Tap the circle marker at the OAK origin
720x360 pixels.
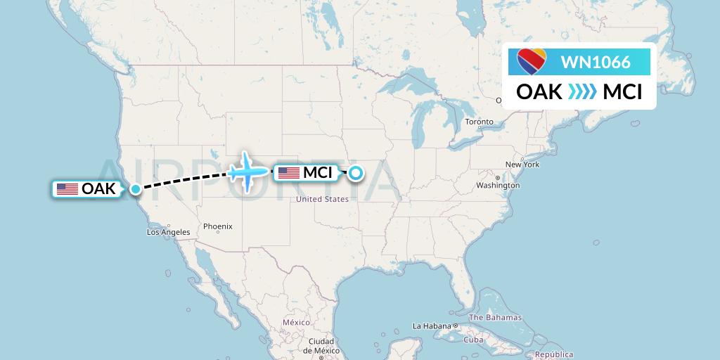click(x=136, y=188)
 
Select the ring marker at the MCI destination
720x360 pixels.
click(x=356, y=172)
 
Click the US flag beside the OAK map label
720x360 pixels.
click(x=67, y=188)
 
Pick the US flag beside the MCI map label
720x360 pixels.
click(x=289, y=172)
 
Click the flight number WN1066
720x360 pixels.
click(x=595, y=63)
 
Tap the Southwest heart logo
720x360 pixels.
click(x=532, y=62)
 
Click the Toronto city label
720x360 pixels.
click(x=479, y=122)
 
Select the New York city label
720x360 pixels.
click(x=522, y=165)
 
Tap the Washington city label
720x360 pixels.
click(x=498, y=186)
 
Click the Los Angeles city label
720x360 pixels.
click(x=168, y=232)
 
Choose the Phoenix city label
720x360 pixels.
click(x=218, y=226)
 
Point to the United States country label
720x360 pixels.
click(x=323, y=199)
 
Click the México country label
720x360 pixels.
click(x=296, y=321)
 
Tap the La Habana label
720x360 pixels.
click(x=430, y=326)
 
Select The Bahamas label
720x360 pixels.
click(x=495, y=318)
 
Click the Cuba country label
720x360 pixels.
click(x=474, y=340)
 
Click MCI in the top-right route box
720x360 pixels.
click(x=622, y=91)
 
